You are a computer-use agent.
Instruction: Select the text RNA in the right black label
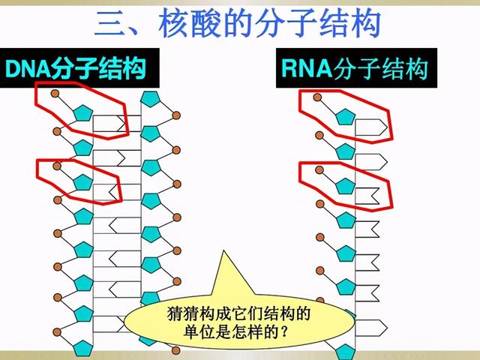pyautogui.click(x=305, y=69)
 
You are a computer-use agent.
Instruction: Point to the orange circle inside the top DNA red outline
pyautogui.click(x=56, y=94)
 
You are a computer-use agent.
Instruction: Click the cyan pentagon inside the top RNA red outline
pyautogui.click(x=345, y=115)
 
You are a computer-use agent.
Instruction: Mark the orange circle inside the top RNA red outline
pyautogui.click(x=319, y=97)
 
